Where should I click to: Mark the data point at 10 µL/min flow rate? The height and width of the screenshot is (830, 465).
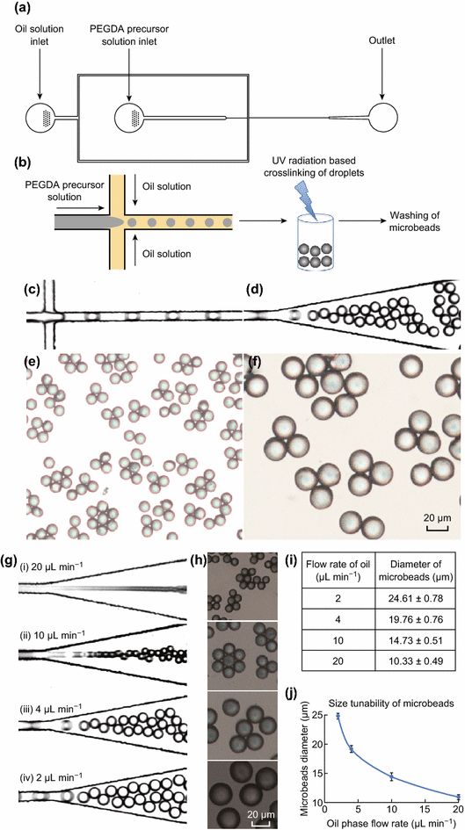(392, 777)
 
